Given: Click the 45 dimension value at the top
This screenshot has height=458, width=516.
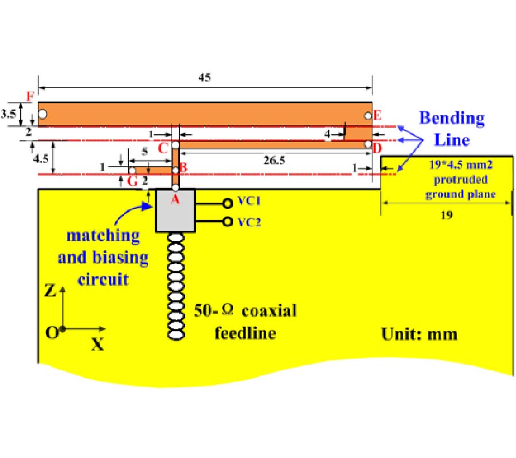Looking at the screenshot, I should tap(205, 78).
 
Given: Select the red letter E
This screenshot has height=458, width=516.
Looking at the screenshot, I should tap(377, 115).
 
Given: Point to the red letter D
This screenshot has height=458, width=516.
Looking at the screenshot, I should tap(377, 148).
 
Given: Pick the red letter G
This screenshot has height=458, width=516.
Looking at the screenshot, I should tap(132, 181).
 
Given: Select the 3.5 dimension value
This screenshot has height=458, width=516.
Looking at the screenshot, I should tap(9, 114).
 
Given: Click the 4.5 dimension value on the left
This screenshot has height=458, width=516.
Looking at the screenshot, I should tap(39, 156).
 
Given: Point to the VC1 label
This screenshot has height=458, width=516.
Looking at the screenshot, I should tap(249, 202).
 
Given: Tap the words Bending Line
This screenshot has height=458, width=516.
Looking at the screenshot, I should tap(452, 129).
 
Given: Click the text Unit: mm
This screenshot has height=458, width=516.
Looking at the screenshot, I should tap(420, 334).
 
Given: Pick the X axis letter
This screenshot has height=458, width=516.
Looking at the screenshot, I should tap(98, 345).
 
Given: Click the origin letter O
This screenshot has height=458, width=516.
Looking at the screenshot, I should tap(52, 333).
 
